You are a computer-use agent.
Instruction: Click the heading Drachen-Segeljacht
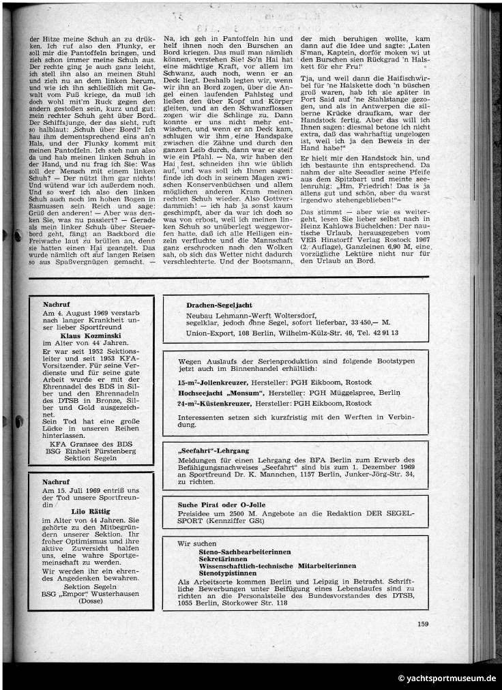click(x=220, y=305)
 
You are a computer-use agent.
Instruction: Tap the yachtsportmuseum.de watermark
click(x=448, y=678)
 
